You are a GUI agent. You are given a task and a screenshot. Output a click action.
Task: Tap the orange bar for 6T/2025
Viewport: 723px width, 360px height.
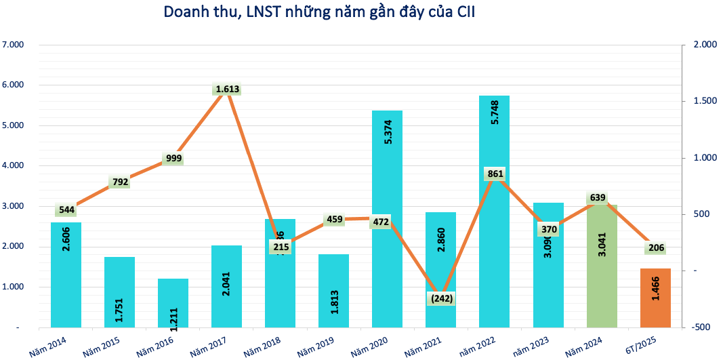pyautogui.click(x=655, y=298)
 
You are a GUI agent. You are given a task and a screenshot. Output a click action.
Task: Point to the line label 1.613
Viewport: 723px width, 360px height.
pyautogui.click(x=227, y=89)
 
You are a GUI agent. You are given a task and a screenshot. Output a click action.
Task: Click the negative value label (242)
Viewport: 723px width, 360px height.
pyautogui.click(x=440, y=298)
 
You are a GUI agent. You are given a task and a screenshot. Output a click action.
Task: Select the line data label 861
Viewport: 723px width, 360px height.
pyautogui.click(x=495, y=174)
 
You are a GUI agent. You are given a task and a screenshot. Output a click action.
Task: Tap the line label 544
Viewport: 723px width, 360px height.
pyautogui.click(x=66, y=210)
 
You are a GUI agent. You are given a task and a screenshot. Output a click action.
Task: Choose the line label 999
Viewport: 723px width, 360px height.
pyautogui.click(x=173, y=159)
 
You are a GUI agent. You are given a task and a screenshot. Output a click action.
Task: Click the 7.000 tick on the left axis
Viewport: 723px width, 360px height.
pyautogui.click(x=13, y=45)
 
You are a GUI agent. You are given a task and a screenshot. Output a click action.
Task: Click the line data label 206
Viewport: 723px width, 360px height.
pyautogui.click(x=655, y=247)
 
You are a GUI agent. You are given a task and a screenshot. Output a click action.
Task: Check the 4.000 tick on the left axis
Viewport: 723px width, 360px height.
pyautogui.click(x=13, y=165)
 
